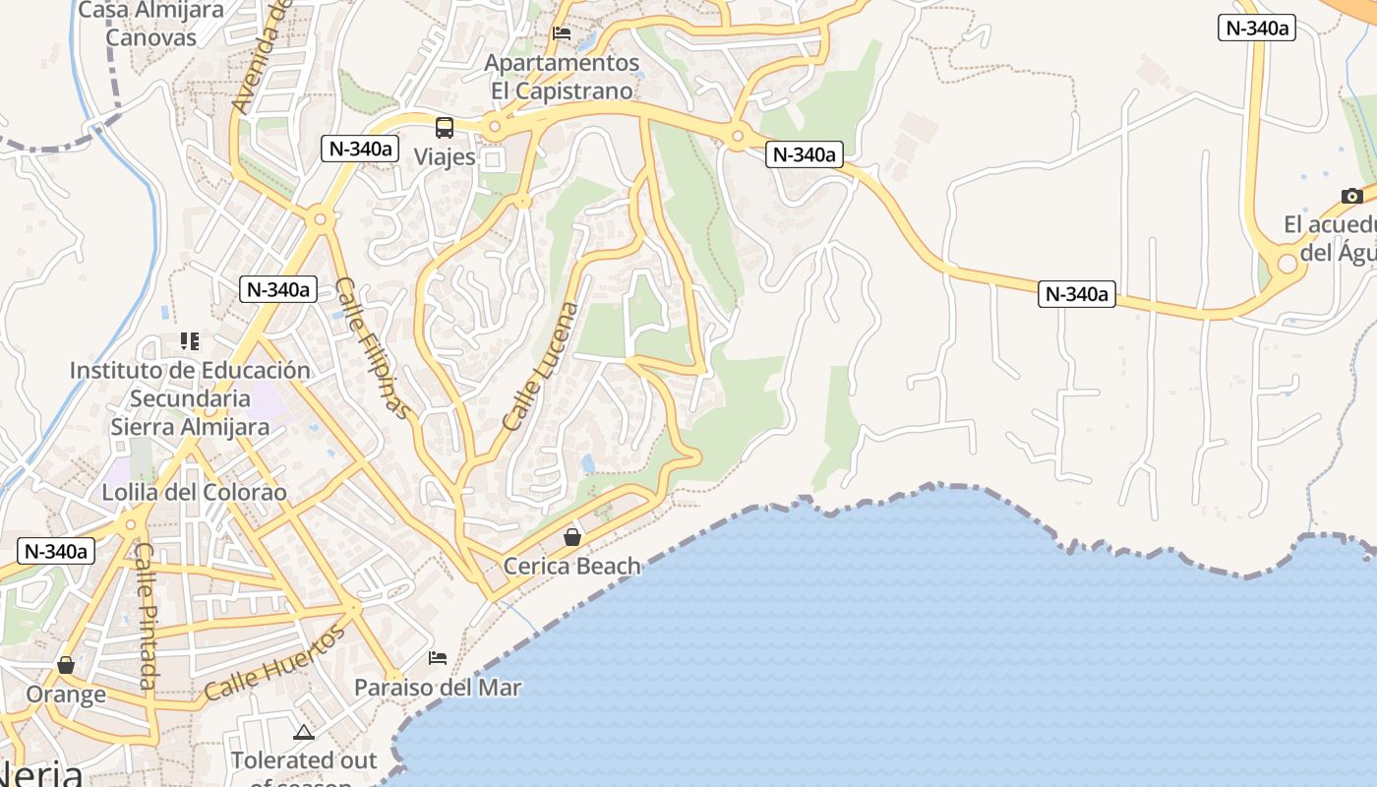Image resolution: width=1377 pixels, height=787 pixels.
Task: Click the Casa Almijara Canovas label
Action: pyautogui.click(x=150, y=25)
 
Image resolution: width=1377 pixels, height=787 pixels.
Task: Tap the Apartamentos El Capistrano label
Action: pyautogui.click(x=562, y=77)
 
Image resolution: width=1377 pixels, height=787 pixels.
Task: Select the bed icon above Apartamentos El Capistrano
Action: pyautogui.click(x=562, y=32)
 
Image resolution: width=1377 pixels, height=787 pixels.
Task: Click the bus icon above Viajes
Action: pyautogui.click(x=445, y=128)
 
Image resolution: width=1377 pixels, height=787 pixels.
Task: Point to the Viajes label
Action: pyautogui.click(x=445, y=157)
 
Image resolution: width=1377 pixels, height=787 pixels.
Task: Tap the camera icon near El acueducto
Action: pyautogui.click(x=1352, y=196)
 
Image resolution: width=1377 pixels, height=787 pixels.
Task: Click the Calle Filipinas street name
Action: pyautogui.click(x=371, y=347)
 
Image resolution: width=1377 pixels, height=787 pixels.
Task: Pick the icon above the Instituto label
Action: pyautogui.click(x=190, y=341)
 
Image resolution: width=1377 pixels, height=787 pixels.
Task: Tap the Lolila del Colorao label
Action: pyautogui.click(x=195, y=493)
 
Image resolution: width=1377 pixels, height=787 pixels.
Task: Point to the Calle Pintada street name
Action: pyautogui.click(x=146, y=615)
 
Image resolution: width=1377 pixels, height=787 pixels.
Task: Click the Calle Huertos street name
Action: pyautogui.click(x=275, y=663)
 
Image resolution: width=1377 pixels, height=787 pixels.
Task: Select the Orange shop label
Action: pyautogui.click(x=66, y=695)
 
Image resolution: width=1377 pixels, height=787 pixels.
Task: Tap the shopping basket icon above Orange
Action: pyautogui.click(x=66, y=666)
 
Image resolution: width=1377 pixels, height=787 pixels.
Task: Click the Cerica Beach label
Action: pyautogui.click(x=572, y=567)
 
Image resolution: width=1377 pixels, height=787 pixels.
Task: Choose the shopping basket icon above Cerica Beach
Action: pyautogui.click(x=572, y=537)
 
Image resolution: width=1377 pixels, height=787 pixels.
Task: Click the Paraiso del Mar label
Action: pyautogui.click(x=438, y=688)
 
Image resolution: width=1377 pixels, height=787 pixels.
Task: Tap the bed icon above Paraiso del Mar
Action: pyautogui.click(x=438, y=657)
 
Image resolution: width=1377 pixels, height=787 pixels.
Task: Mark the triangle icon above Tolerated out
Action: pyautogui.click(x=304, y=732)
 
